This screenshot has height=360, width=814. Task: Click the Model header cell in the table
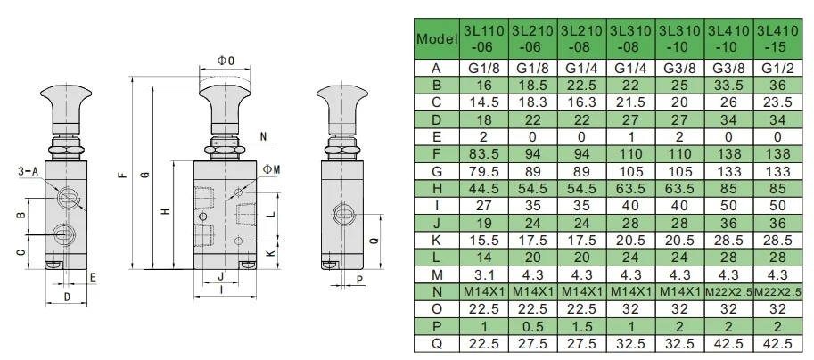pyautogui.click(x=437, y=38)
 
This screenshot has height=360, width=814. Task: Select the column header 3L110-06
pyautogui.click(x=484, y=38)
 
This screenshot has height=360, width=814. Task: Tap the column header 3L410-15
pyautogui.click(x=777, y=38)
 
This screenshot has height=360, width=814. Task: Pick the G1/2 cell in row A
pyautogui.click(x=777, y=68)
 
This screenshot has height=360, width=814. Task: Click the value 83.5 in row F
pyautogui.click(x=484, y=154)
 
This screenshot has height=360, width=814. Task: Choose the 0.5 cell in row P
pyautogui.click(x=532, y=326)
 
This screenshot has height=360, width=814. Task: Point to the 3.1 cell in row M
pyautogui.click(x=484, y=274)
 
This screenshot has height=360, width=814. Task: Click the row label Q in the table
pyautogui.click(x=437, y=343)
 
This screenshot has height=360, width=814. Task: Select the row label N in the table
pyautogui.click(x=437, y=292)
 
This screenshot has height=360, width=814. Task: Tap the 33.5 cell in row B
pyautogui.click(x=729, y=85)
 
